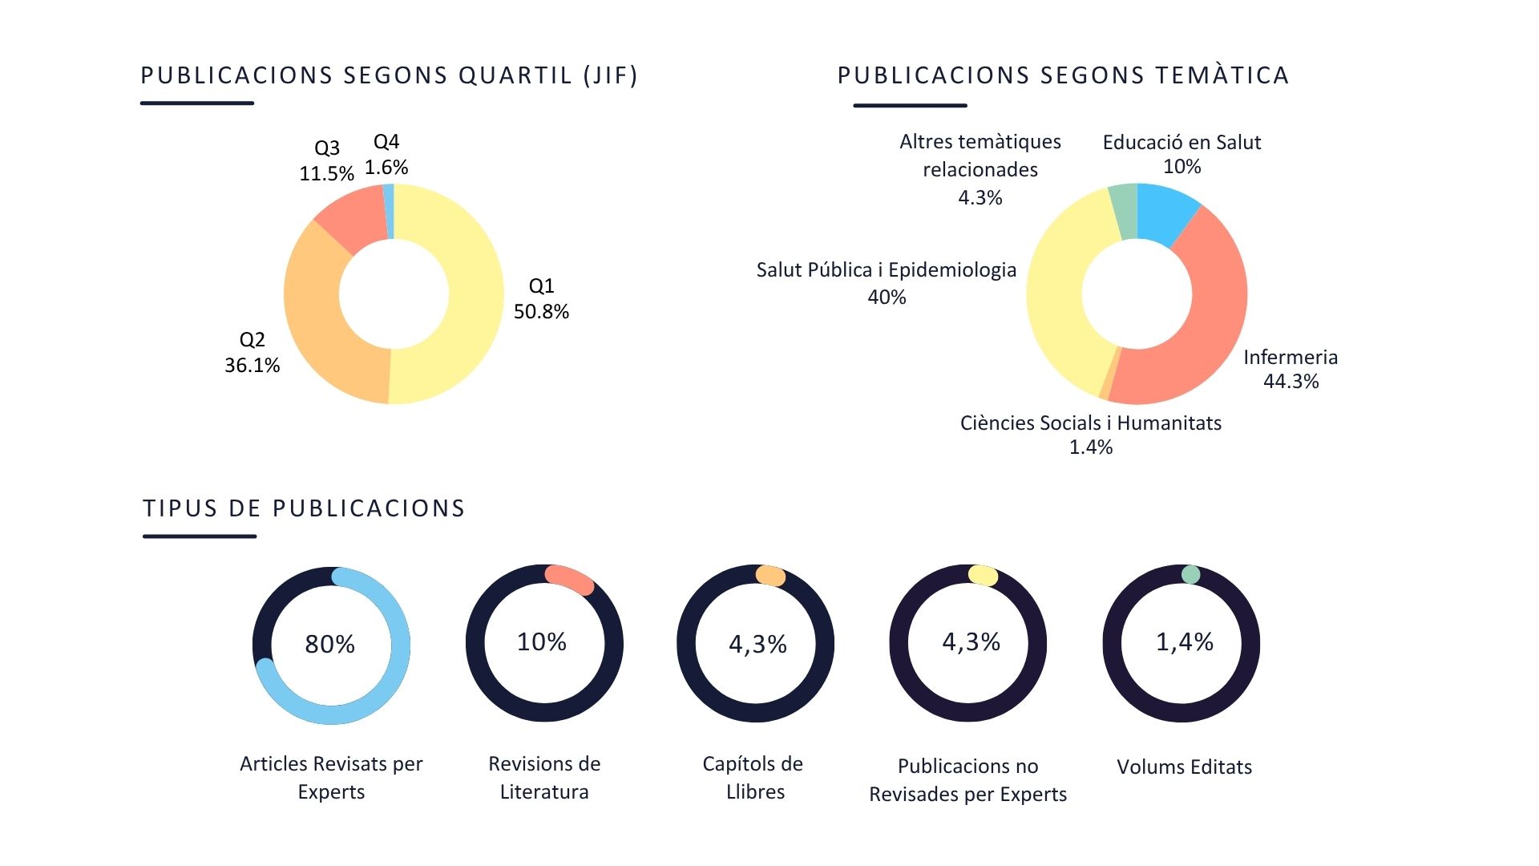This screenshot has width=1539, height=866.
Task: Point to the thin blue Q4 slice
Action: click(390, 212)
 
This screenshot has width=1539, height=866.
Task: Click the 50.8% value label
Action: click(541, 312)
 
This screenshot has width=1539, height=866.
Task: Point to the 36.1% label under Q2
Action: click(252, 366)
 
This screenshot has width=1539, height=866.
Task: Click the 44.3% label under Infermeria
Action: click(1291, 382)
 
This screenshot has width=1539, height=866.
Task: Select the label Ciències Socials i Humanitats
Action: click(1090, 423)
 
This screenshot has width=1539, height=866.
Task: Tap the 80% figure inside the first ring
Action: click(329, 644)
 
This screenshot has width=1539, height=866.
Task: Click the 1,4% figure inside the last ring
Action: click(1184, 641)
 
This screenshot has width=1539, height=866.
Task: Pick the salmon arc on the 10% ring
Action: click(569, 580)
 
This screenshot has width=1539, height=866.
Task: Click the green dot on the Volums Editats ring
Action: click(1190, 574)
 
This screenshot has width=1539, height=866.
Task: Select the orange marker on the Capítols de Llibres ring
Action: click(770, 576)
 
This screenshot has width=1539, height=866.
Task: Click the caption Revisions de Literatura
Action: click(544, 777)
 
